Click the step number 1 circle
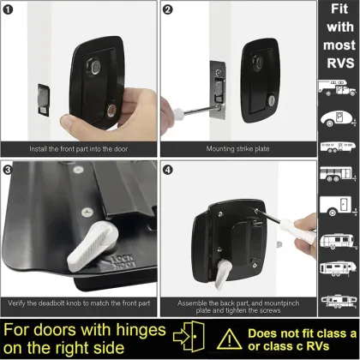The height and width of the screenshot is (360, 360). [9, 10]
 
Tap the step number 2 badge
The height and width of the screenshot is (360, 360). [169, 10]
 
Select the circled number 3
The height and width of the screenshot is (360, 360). [9, 169]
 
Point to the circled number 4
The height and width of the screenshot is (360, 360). [169, 169]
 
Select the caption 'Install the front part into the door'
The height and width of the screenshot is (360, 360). [79, 147]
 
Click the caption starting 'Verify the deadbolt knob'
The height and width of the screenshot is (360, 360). [79, 303]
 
